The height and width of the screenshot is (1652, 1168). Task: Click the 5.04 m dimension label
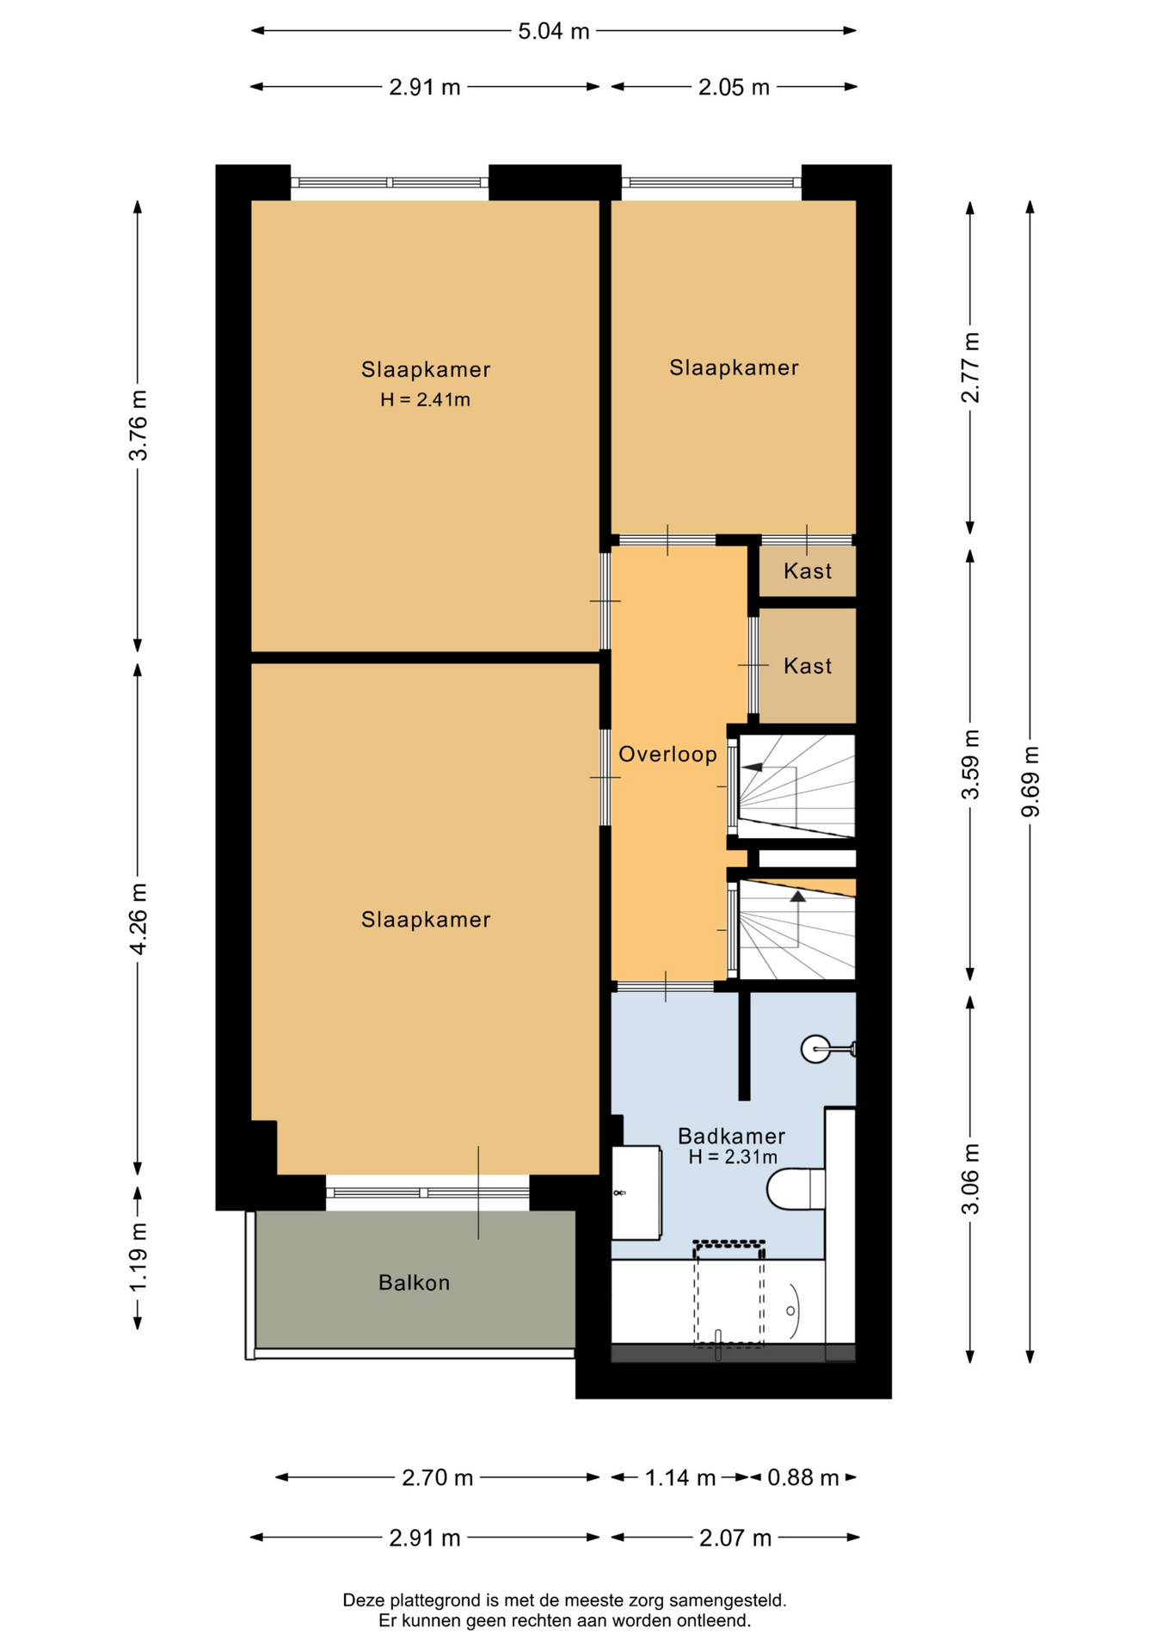click(553, 32)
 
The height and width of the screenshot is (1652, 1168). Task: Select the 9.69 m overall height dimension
click(1030, 782)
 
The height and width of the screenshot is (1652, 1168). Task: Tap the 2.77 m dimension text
click(970, 367)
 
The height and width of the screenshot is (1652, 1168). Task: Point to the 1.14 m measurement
click(680, 1477)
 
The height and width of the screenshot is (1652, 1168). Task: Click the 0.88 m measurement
click(802, 1477)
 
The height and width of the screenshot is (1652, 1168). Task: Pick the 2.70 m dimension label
click(437, 1477)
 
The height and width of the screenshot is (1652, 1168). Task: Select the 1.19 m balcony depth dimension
click(138, 1256)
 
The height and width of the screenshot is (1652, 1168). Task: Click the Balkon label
click(415, 1283)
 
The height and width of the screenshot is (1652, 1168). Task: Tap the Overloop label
click(667, 755)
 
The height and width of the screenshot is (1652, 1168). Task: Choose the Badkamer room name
click(731, 1136)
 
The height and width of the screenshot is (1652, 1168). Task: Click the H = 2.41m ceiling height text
click(425, 399)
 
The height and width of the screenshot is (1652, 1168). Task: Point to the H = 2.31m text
click(733, 1157)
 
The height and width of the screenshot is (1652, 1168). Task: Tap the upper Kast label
click(808, 571)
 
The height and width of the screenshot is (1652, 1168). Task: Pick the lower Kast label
click(808, 666)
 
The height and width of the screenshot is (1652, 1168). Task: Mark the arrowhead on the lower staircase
click(798, 897)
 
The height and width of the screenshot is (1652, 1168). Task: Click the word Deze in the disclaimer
click(363, 1600)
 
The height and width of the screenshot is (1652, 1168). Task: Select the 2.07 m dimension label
click(735, 1538)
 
